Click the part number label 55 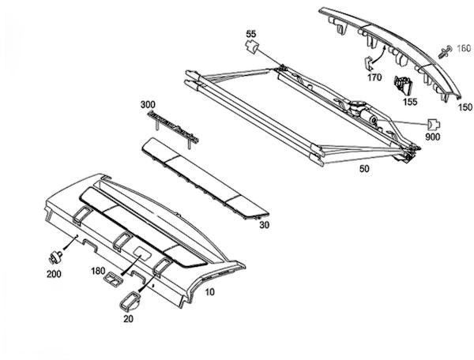tap(251, 34)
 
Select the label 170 tap(374, 77)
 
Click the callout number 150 tap(464, 107)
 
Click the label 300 tap(147, 103)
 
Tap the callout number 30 tap(264, 226)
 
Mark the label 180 tap(98, 271)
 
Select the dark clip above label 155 tap(405, 84)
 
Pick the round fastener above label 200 tap(55, 257)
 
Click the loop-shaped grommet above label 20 tap(129, 298)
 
